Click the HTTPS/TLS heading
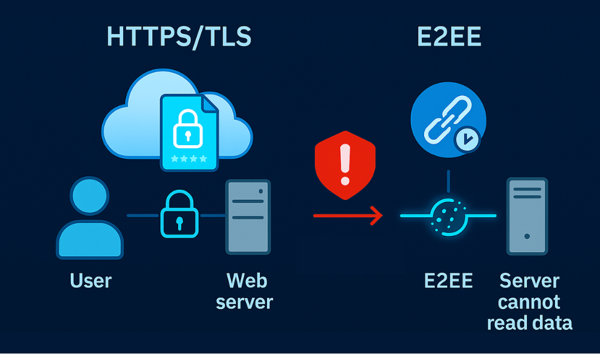coord(179,37)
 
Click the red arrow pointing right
coord(348,215)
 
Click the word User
coord(91,280)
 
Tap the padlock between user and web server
coord(178,215)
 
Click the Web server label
coord(244,291)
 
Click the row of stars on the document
coord(188,159)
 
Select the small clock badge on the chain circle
coord(466,139)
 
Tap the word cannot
coord(529,301)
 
